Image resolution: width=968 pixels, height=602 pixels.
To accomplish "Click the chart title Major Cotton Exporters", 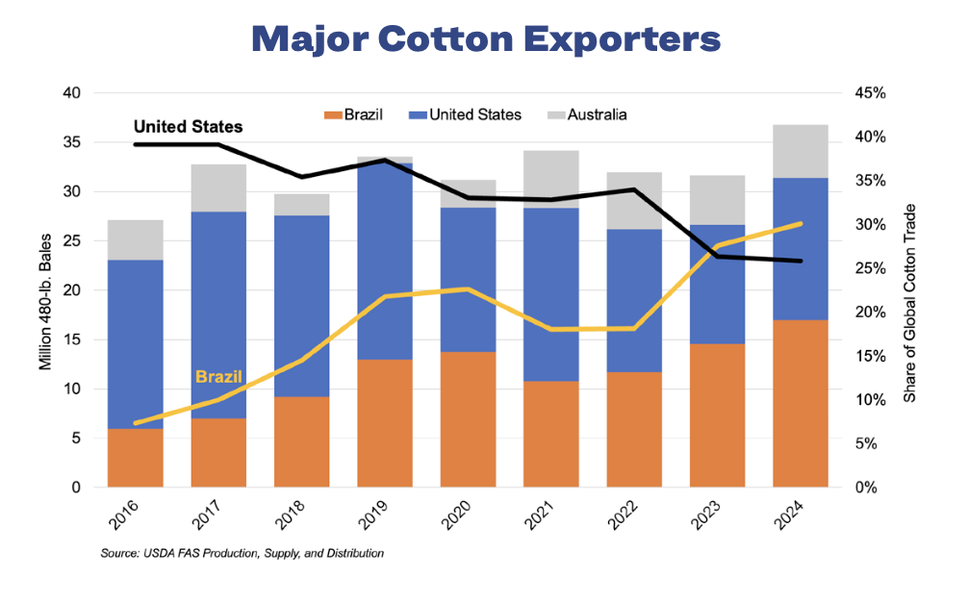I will point(484,39).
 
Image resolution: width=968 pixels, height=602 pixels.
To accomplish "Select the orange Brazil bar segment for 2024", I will point(801,404).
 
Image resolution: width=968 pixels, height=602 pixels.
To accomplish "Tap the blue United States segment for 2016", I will point(136,344).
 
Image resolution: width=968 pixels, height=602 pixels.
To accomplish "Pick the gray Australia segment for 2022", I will point(634,200).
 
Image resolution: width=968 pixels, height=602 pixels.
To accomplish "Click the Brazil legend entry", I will point(353,114).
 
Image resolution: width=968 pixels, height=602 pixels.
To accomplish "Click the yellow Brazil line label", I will point(219,376).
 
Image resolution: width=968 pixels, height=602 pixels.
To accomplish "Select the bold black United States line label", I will point(188,126).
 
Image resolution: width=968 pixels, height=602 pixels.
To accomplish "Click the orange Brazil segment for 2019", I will point(385,423).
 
